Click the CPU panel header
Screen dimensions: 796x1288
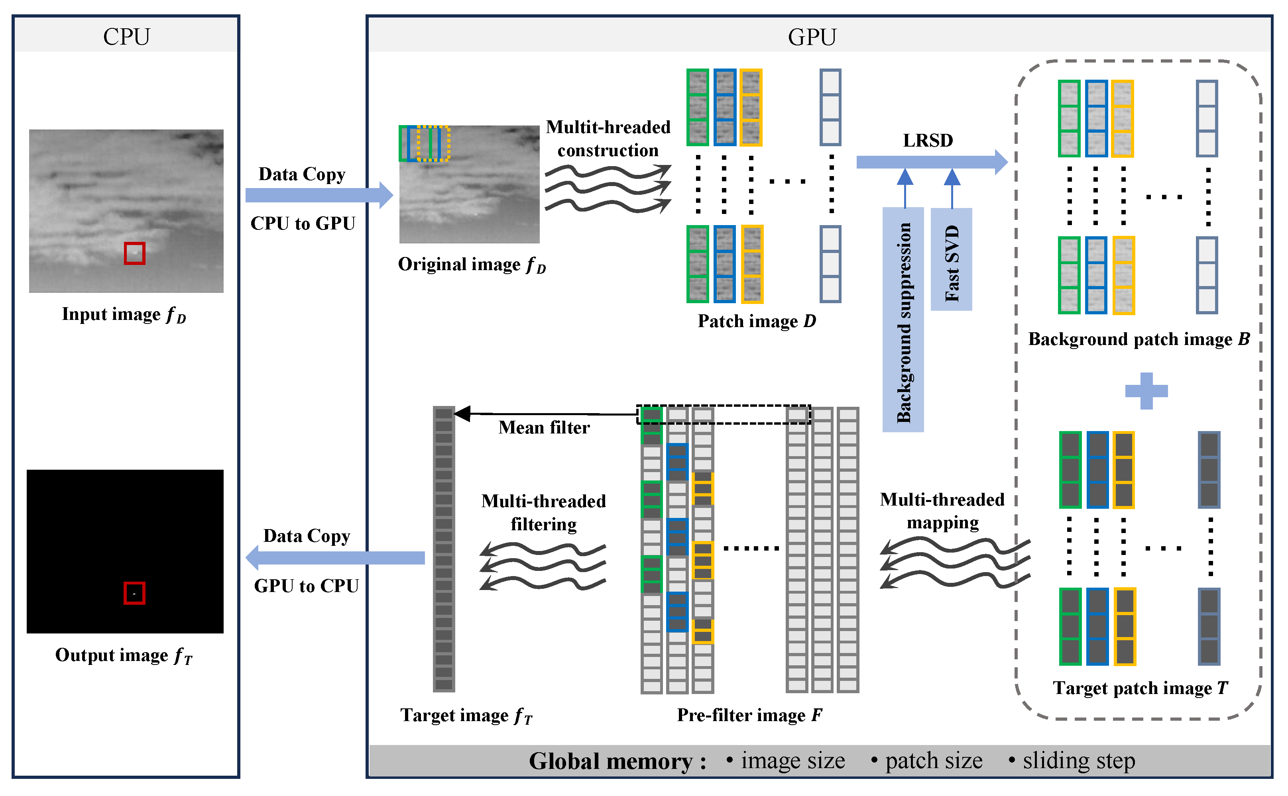(x=126, y=36)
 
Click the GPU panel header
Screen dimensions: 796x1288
(x=812, y=36)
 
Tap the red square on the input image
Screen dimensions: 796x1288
(x=134, y=253)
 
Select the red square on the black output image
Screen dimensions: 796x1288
(x=134, y=593)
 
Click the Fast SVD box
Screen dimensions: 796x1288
(x=952, y=259)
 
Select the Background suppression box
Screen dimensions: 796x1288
(x=903, y=320)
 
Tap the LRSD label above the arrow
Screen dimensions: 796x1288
(x=928, y=141)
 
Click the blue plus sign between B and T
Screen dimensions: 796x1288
(x=1146, y=390)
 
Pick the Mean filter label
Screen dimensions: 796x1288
(x=544, y=427)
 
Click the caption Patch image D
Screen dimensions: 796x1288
(x=757, y=321)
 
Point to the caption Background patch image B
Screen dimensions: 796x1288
(x=1139, y=339)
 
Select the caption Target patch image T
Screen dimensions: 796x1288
(x=1141, y=688)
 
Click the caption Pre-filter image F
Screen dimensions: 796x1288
(x=749, y=715)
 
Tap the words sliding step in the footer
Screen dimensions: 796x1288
(x=1078, y=761)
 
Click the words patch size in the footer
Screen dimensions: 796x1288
(x=934, y=761)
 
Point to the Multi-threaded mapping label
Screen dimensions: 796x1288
(x=942, y=511)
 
